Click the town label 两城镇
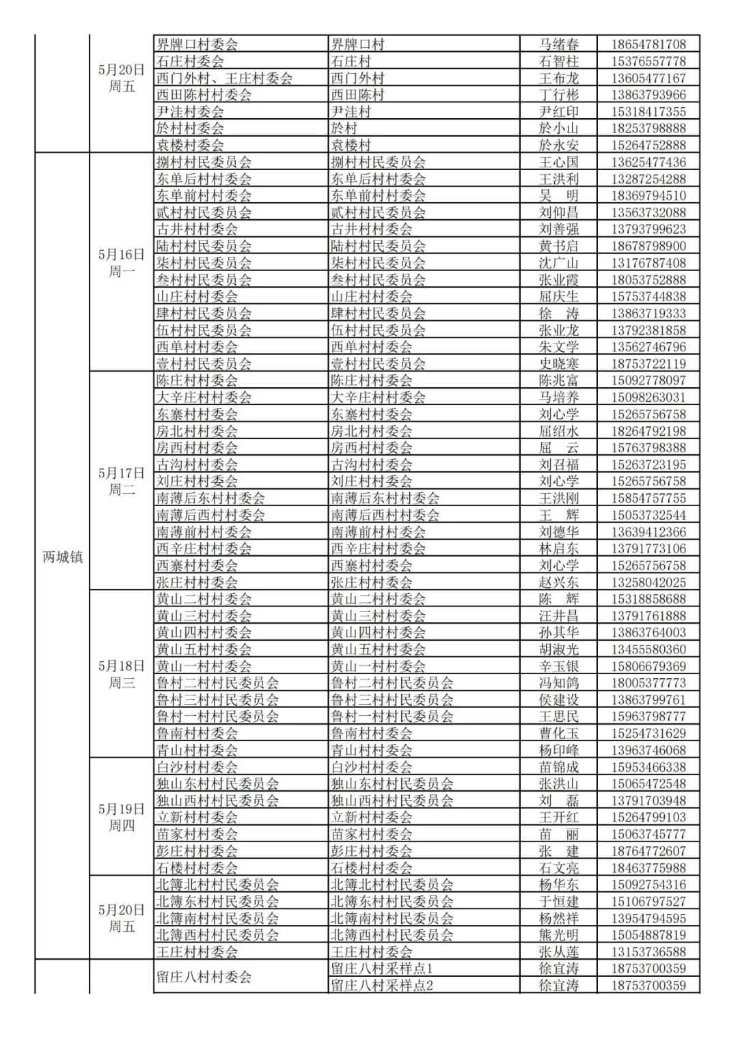click(62, 557)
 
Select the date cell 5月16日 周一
click(122, 263)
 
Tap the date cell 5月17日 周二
click(122, 482)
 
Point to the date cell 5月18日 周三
click(122, 674)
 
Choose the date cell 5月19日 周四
click(122, 818)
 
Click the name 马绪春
click(558, 44)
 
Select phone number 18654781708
click(648, 44)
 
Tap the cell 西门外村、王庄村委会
click(225, 78)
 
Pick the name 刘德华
click(558, 532)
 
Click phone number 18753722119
click(648, 364)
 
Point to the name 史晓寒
click(558, 364)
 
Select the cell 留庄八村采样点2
click(382, 986)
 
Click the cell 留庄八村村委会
click(204, 977)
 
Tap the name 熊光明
click(558, 935)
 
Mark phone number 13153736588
click(648, 952)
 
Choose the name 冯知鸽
click(558, 683)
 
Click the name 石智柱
click(558, 61)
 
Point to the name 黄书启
click(558, 246)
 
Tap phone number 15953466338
click(648, 767)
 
